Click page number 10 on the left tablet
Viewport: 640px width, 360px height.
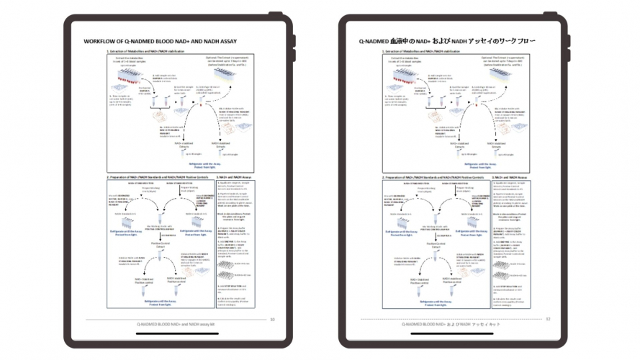(272, 319)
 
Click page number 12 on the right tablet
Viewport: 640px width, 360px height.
(548, 319)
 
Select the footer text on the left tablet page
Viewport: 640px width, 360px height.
(177, 325)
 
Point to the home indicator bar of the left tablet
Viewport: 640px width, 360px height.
(176, 333)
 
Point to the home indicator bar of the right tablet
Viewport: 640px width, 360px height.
(454, 333)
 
